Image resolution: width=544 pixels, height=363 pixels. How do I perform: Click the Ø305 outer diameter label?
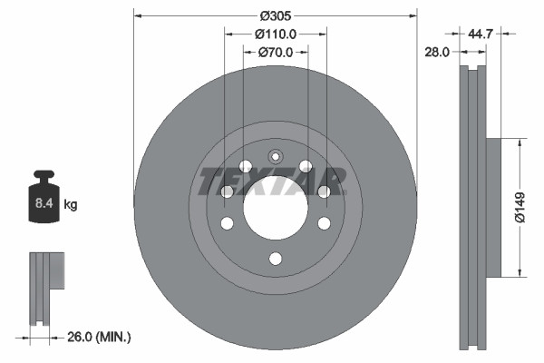(x=276, y=15)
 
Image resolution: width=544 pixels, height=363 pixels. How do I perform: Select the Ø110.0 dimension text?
(x=276, y=34)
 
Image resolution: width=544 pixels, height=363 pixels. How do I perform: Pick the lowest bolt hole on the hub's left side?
(x=228, y=223)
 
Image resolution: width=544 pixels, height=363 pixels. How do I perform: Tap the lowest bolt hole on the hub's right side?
(x=324, y=223)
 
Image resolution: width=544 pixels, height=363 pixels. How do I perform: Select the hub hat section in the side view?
(x=494, y=207)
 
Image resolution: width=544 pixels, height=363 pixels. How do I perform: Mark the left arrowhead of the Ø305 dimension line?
(x=139, y=15)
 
